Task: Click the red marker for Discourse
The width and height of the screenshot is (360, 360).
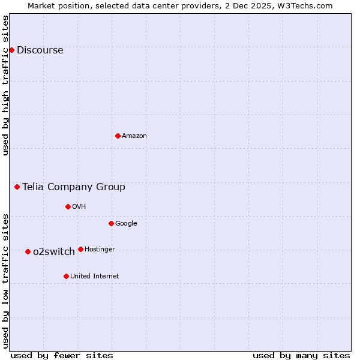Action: (11, 50)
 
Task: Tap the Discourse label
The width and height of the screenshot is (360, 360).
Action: (40, 50)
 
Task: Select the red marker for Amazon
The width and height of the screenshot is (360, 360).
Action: (118, 136)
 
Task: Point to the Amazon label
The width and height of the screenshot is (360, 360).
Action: (134, 136)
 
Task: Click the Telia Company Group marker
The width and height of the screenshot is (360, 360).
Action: (17, 187)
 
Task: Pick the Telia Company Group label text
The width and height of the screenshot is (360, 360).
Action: (74, 187)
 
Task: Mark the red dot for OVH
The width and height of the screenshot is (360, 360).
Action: (68, 206)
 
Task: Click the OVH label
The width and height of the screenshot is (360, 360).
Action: (79, 207)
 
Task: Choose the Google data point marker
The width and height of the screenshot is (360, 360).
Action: (111, 223)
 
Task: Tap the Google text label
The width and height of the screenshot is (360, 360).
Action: (126, 224)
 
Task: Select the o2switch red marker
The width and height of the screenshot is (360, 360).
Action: (28, 251)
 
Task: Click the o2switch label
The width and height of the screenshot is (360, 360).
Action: (54, 252)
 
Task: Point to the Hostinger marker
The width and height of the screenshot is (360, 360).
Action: (80, 249)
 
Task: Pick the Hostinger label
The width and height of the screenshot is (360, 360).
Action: (100, 250)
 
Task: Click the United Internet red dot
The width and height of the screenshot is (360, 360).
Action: (66, 276)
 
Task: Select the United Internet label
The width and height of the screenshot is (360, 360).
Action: (94, 277)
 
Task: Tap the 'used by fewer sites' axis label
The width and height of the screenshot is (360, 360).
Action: (62, 356)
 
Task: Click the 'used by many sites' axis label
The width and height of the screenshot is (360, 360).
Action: (301, 356)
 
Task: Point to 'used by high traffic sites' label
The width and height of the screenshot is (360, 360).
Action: (5, 85)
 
